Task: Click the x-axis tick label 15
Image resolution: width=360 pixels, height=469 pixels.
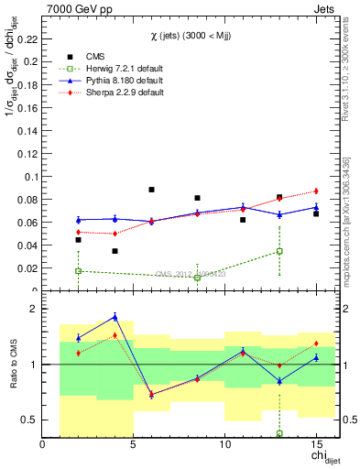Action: pyautogui.click(x=316, y=445)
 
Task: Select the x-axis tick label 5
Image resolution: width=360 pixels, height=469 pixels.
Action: pyautogui.click(x=134, y=445)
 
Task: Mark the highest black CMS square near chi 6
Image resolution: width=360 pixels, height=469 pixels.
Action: pyautogui.click(x=151, y=190)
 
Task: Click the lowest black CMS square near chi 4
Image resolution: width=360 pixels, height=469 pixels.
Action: pyautogui.click(x=115, y=251)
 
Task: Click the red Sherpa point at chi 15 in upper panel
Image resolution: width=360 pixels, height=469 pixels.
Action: pyautogui.click(x=316, y=191)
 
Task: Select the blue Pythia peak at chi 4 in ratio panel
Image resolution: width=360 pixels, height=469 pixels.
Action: pyautogui.click(x=115, y=317)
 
